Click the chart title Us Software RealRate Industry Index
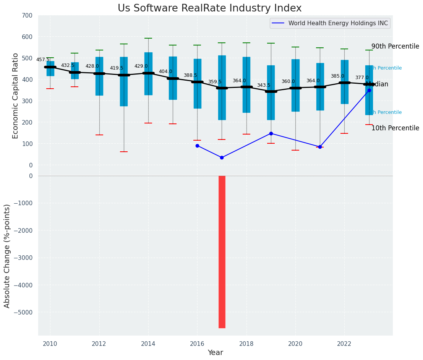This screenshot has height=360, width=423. [x=209, y=8]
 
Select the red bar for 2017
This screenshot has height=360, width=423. [x=222, y=251]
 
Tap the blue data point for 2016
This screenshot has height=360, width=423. [x=197, y=146]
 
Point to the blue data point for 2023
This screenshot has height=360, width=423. [x=369, y=91]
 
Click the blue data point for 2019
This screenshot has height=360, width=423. [x=271, y=133]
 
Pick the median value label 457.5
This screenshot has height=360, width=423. [x=43, y=60]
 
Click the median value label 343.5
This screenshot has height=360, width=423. [x=264, y=85]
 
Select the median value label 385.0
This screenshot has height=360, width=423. [x=337, y=76]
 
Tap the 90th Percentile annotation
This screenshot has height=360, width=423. [x=395, y=46]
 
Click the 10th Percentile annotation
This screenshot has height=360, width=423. [x=395, y=128]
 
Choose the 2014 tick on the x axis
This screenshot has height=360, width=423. [x=148, y=344]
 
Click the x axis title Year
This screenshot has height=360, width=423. [x=216, y=353]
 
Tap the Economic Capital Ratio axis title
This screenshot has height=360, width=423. [x=15, y=90]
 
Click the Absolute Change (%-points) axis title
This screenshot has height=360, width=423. [x=7, y=256]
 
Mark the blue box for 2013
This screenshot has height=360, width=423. [x=124, y=81]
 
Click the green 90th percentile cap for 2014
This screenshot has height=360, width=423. [x=148, y=38]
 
